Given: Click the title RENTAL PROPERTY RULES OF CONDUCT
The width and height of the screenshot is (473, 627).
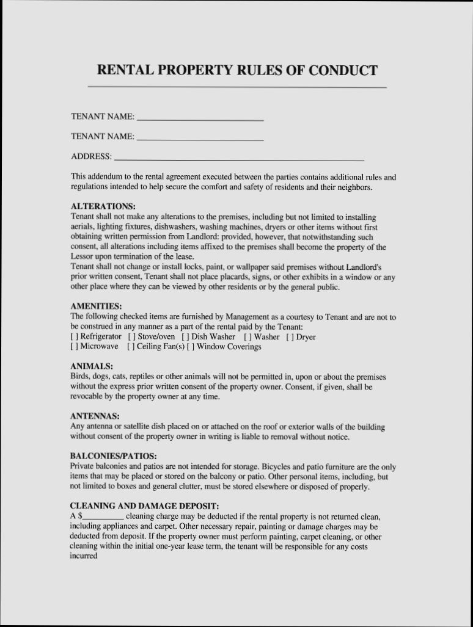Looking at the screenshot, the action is (x=237, y=70).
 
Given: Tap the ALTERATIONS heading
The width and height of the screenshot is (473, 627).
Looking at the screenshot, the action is (x=103, y=206).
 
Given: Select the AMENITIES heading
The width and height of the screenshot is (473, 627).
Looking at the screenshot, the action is (x=97, y=306).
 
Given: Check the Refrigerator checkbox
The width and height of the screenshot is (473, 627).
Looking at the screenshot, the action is (x=74, y=337).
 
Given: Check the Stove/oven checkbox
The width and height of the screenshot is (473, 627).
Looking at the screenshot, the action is (x=131, y=337).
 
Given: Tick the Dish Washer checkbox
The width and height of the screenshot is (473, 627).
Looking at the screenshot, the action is (x=185, y=337).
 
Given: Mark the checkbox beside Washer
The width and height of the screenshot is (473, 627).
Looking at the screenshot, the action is (x=248, y=337).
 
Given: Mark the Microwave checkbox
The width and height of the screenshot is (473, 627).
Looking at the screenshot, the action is (x=74, y=347).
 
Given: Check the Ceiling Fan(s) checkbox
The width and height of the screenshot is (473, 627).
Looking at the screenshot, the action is (x=131, y=347).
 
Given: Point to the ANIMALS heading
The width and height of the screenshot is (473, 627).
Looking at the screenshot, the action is (x=92, y=366).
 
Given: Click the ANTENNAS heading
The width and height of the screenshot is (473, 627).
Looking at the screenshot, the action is (x=95, y=416).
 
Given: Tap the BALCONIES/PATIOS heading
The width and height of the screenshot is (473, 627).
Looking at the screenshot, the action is (x=113, y=456).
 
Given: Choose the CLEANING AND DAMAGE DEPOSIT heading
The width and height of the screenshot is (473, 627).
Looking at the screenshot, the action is (x=144, y=506).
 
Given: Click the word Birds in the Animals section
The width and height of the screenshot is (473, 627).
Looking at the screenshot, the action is (x=80, y=377).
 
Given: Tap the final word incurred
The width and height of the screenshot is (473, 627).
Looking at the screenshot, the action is (x=84, y=557).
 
